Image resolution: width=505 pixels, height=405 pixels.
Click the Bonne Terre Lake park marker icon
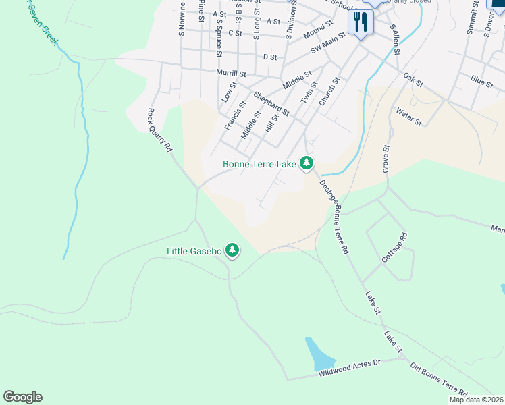pos(307,163)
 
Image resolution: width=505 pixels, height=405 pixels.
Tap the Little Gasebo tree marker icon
pos(232,251)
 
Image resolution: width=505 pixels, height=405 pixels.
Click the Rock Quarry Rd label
pos(160,132)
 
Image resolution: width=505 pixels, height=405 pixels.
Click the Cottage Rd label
pos(396,247)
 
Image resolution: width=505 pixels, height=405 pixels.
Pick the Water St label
pos(409,117)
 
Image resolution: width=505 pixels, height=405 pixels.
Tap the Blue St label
pos(482,82)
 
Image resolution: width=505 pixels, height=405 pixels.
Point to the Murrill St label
pos(232,72)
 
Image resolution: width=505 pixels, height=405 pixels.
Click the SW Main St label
pos(327,43)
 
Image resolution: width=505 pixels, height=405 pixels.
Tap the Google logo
pos(22,397)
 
